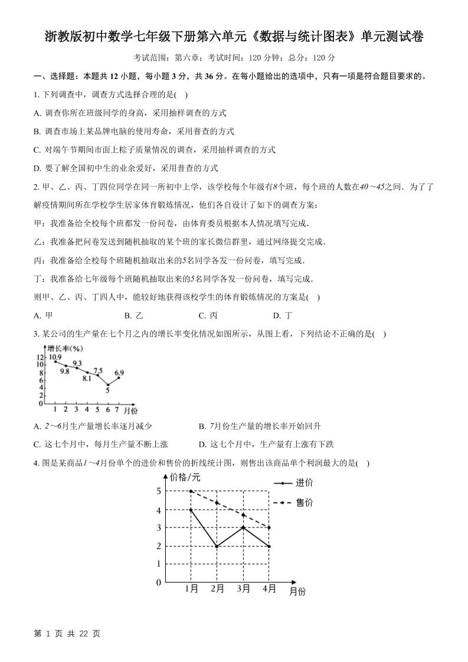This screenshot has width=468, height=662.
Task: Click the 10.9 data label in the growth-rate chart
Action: [x=55, y=357]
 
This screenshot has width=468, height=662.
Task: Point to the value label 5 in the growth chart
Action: [x=107, y=390]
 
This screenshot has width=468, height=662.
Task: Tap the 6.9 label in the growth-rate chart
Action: [x=119, y=372]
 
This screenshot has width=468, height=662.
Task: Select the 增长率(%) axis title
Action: [x=65, y=349]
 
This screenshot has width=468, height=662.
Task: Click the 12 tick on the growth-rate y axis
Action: [x=40, y=358]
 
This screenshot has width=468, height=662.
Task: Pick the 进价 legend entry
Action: [x=304, y=483]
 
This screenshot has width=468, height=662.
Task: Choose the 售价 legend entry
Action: [x=304, y=502]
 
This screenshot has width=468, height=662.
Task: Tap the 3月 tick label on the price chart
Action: [x=243, y=588]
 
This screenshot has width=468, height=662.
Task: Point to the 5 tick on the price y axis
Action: [x=158, y=491]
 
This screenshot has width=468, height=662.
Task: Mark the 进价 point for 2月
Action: [x=217, y=546]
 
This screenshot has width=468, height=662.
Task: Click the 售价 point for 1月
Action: [x=191, y=491]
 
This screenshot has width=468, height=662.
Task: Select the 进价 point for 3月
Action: [x=243, y=527]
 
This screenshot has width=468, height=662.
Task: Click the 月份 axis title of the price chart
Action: [x=297, y=591]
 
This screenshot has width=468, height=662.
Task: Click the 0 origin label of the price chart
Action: [x=158, y=583]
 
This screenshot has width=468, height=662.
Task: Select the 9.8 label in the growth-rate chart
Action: [x=64, y=371]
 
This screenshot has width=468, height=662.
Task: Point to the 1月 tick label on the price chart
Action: [x=191, y=588]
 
